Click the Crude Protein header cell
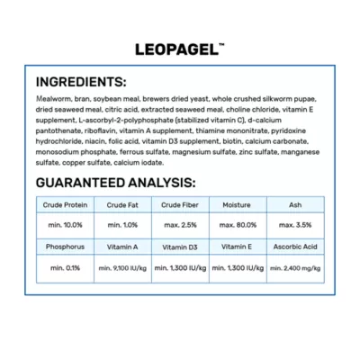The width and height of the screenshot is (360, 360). pyautogui.click(x=64, y=205)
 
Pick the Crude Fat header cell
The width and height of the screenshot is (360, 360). pyautogui.click(x=122, y=205)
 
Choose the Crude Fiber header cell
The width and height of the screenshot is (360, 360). pyautogui.click(x=180, y=205)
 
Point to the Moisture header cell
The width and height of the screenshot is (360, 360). pyautogui.click(x=238, y=205)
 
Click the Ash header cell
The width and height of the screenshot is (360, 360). pyautogui.click(x=296, y=205)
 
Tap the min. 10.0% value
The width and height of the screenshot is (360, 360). pyautogui.click(x=64, y=224)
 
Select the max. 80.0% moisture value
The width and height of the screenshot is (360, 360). pyautogui.click(x=238, y=224)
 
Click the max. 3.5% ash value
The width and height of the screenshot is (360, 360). pyautogui.click(x=296, y=224)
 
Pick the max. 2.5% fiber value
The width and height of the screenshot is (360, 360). pyautogui.click(x=180, y=224)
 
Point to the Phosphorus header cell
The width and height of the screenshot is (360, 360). pyautogui.click(x=64, y=246)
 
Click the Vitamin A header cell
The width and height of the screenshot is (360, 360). pyautogui.click(x=122, y=246)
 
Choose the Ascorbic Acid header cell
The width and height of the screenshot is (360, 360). pyautogui.click(x=296, y=246)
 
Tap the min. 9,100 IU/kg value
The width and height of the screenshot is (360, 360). pyautogui.click(x=122, y=268)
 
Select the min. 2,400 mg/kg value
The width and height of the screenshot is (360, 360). pyautogui.click(x=296, y=268)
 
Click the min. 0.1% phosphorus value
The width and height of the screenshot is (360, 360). pyautogui.click(x=64, y=268)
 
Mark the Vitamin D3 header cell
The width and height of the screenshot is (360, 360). pyautogui.click(x=180, y=246)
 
